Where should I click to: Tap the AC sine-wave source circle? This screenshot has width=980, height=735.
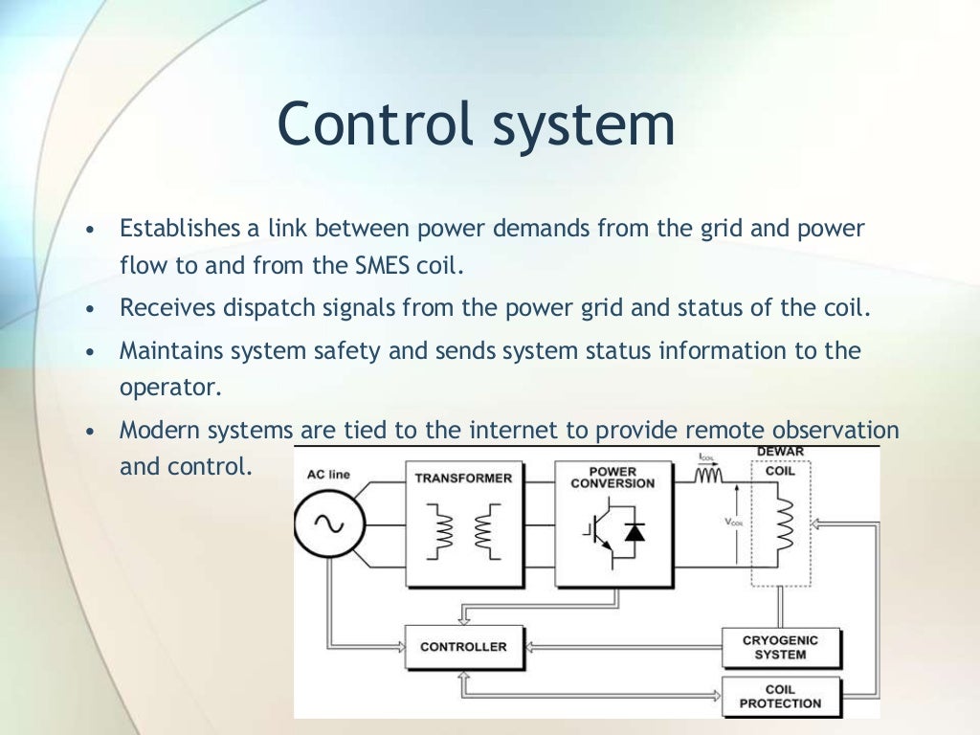point(330,523)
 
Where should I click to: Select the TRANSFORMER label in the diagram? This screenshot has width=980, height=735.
point(463,478)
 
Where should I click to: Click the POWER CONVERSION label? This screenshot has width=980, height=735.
point(612,477)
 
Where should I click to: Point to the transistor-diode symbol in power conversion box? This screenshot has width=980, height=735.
point(612,540)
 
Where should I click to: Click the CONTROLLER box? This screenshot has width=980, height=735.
point(463,647)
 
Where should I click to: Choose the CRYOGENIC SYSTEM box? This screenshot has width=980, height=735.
point(780,648)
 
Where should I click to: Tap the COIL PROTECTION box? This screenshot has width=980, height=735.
point(780,696)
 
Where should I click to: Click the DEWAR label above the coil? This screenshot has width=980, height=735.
point(780,452)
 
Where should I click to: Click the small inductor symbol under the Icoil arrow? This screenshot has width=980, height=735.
point(709,474)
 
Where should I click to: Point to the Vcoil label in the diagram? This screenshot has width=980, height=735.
point(735,523)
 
